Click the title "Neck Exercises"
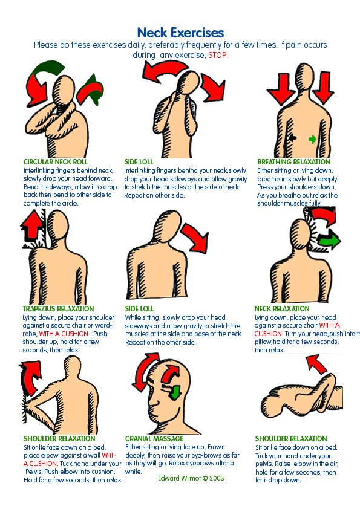point(180,33)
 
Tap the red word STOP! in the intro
point(218,55)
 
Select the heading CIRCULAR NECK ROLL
point(56,161)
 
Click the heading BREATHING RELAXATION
point(293,161)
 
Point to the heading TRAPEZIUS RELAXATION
point(58,309)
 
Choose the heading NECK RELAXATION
point(282,309)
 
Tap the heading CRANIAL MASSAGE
point(154,438)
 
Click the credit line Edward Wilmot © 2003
point(191,478)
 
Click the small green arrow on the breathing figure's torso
point(312,139)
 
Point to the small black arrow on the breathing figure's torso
point(292,138)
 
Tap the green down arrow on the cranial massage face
point(175,392)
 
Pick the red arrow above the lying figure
point(316,363)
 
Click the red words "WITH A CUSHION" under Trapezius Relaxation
point(64,334)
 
